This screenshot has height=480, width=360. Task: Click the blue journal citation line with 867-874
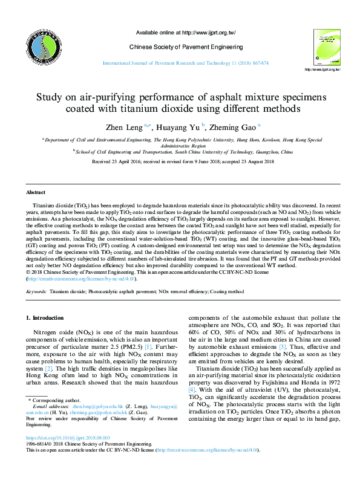[185, 63]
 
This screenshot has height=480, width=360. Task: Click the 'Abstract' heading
[35, 192]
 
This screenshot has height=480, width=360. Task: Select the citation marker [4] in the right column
[191, 391]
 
